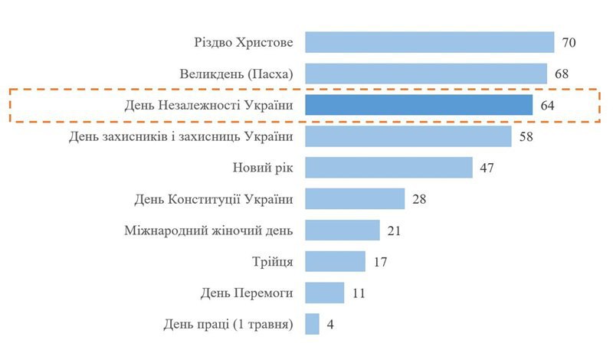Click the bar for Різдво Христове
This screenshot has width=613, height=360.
pyautogui.click(x=429, y=42)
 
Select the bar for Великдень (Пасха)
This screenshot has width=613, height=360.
pyautogui.click(x=426, y=74)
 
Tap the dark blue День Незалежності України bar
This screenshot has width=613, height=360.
pyautogui.click(x=418, y=105)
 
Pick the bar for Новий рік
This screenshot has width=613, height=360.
pyautogui.click(x=388, y=168)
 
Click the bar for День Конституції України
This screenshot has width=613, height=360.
pyautogui.click(x=355, y=199)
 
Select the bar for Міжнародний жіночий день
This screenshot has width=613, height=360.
pyautogui.click(x=343, y=231)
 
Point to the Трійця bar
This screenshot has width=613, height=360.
pyautogui.click(x=335, y=261)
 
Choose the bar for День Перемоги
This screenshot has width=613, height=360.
pyautogui.click(x=325, y=293)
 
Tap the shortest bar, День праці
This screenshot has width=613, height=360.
pyautogui.click(x=312, y=324)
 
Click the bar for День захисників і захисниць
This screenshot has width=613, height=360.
pyautogui.click(x=408, y=136)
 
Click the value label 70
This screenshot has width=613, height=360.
pyautogui.click(x=569, y=42)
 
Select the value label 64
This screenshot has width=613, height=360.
pyautogui.click(x=547, y=105)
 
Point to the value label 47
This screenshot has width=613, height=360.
pyautogui.click(x=487, y=168)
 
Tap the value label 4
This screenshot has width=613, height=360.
pyautogui.click(x=330, y=324)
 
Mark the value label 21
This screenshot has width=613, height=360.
pyautogui.click(x=395, y=231)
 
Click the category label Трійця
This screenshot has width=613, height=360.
pyautogui.click(x=272, y=262)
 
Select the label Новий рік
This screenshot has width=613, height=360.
pyautogui.click(x=263, y=168)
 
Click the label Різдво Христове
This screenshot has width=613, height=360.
pyautogui.click(x=244, y=42)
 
